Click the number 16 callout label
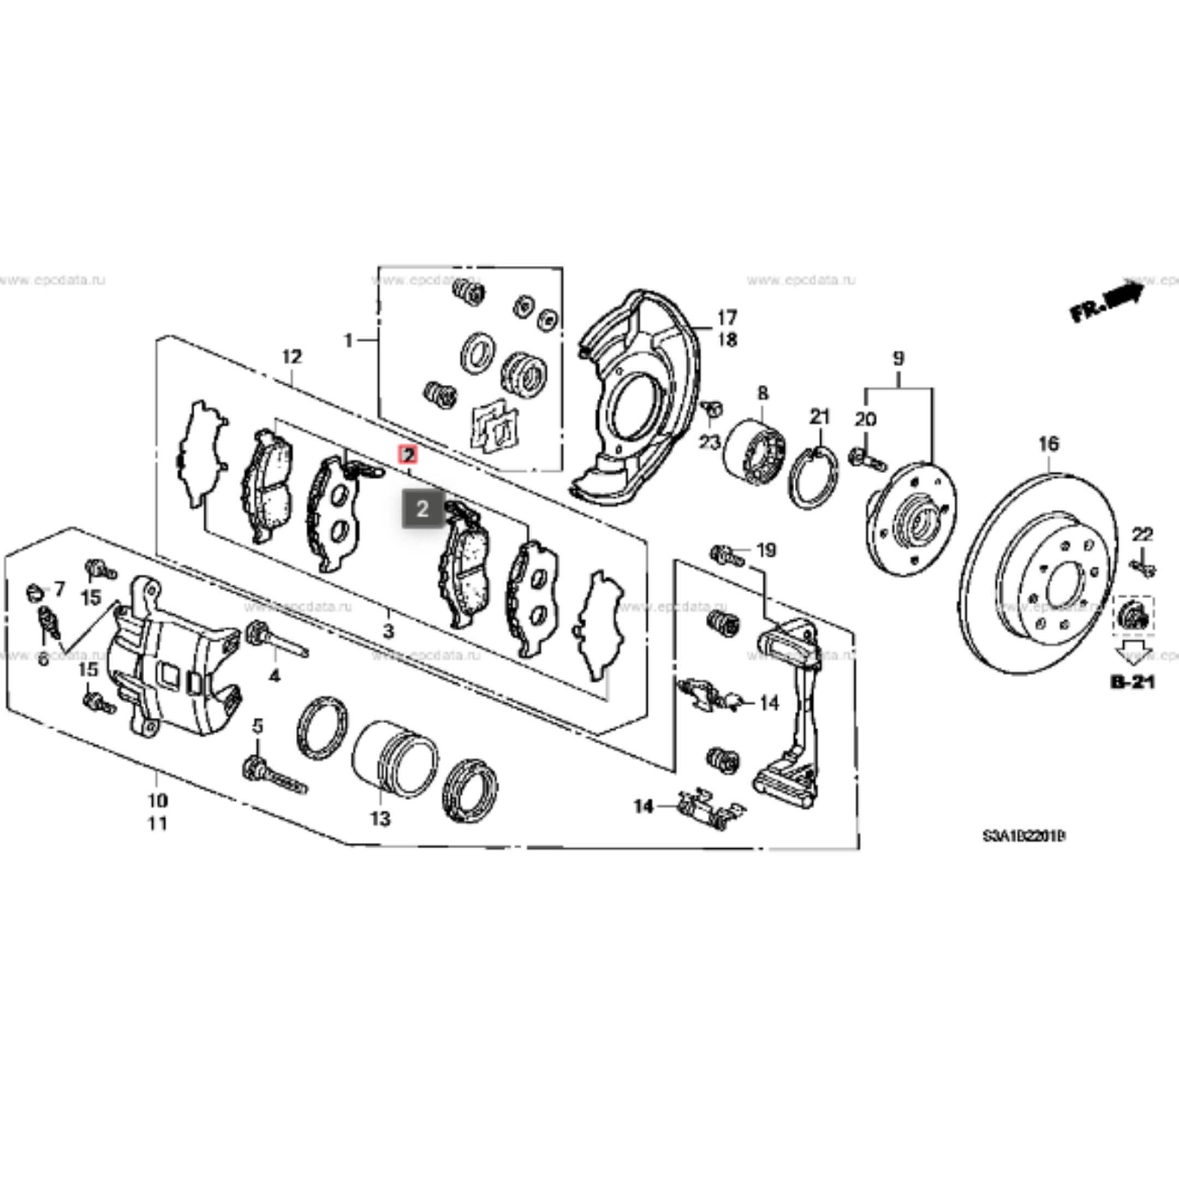tap(1049, 444)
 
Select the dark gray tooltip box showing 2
tap(422, 508)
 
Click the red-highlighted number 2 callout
tap(408, 454)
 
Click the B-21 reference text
tap(1132, 682)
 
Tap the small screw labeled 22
tap(1142, 568)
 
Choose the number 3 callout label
tap(389, 631)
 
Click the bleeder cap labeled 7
tap(35, 591)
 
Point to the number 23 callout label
tap(709, 442)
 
